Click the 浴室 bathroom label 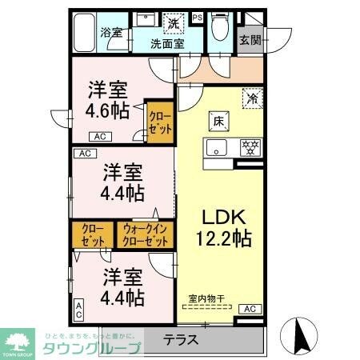[110, 33]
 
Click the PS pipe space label [198, 17]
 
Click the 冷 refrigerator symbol [252, 100]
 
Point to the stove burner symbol [250, 147]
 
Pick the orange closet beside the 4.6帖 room [158, 122]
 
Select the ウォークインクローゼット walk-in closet [146, 235]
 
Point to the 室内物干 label [206, 299]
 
